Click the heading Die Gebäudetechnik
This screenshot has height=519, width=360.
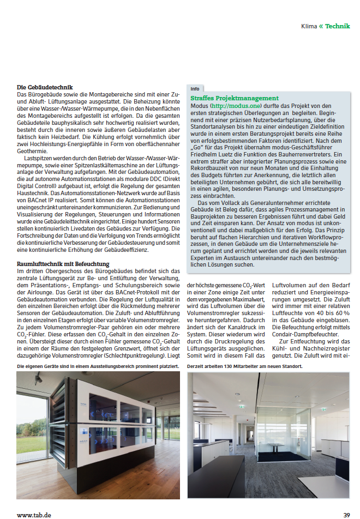point(44,87)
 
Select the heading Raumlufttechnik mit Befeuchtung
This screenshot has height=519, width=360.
point(63,264)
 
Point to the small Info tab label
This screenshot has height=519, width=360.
point(195,88)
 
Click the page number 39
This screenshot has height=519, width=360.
point(346,514)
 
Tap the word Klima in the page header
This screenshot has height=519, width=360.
point(309,26)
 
